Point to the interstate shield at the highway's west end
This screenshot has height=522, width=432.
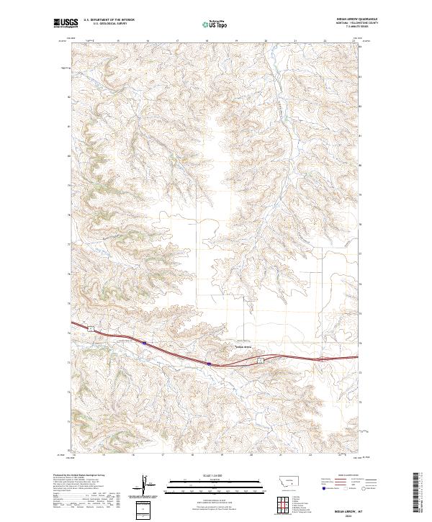pyautogui.click(x=144, y=343)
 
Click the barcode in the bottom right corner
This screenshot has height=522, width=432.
pyautogui.click(x=422, y=496)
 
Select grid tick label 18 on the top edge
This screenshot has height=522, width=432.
pyautogui.click(x=207, y=42)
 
